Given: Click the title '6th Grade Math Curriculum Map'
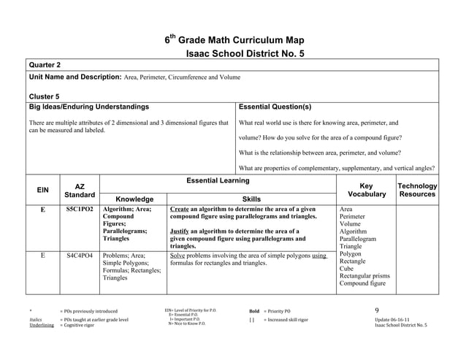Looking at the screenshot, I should point(233,40).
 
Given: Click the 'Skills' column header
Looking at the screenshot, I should point(252,199).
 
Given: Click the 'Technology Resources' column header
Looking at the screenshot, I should point(416,191).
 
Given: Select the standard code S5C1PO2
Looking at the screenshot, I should point(79,209).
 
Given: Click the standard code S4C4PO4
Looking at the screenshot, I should point(79,256).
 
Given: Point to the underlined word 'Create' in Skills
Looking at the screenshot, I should point(180,209).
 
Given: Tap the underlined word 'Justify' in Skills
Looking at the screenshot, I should point(181,231).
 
